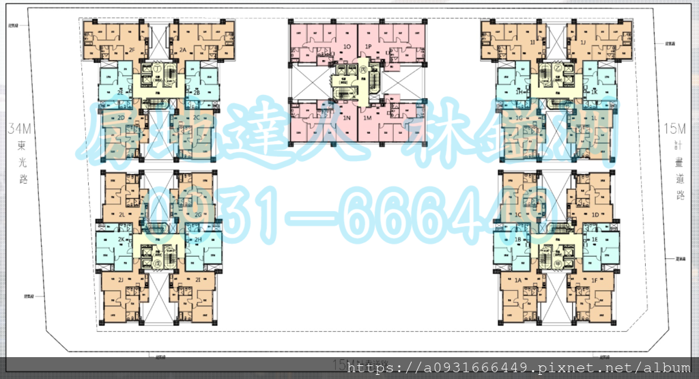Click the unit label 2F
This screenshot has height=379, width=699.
(x=131, y=50)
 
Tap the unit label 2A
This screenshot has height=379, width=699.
(x=183, y=50)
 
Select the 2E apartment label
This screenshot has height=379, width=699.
(x=120, y=92)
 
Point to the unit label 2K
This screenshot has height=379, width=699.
(x=120, y=240)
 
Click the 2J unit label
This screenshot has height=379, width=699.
(x=119, y=281)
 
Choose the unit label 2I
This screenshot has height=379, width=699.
(x=197, y=281)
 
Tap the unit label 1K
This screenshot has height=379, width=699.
(x=595, y=92)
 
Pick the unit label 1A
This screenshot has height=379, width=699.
(x=517, y=281)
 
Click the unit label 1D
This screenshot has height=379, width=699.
(x=595, y=215)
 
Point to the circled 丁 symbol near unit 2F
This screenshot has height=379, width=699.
(x=156, y=69)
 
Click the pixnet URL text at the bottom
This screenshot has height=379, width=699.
(x=519, y=368)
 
